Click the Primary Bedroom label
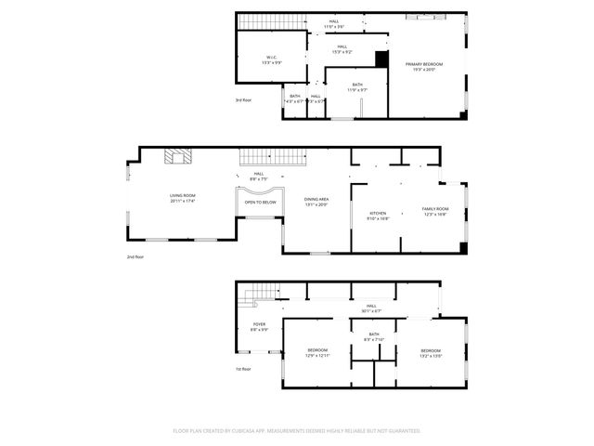coord(423,65)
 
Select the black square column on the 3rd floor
coord(381,59)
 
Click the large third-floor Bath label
coord(357,87)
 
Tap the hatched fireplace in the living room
coord(177,157)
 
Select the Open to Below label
coord(260,202)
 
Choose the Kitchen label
coord(378,215)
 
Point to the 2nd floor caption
coord(136,256)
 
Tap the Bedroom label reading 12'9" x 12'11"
coord(317,352)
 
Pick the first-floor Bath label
coord(373,336)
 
